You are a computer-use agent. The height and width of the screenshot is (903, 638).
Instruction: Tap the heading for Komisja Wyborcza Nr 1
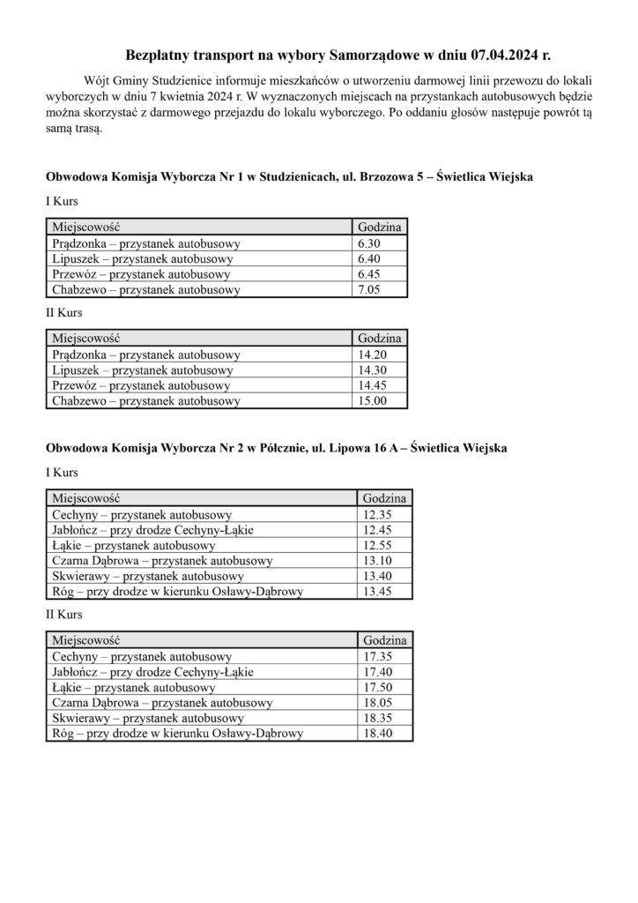click(x=289, y=177)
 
